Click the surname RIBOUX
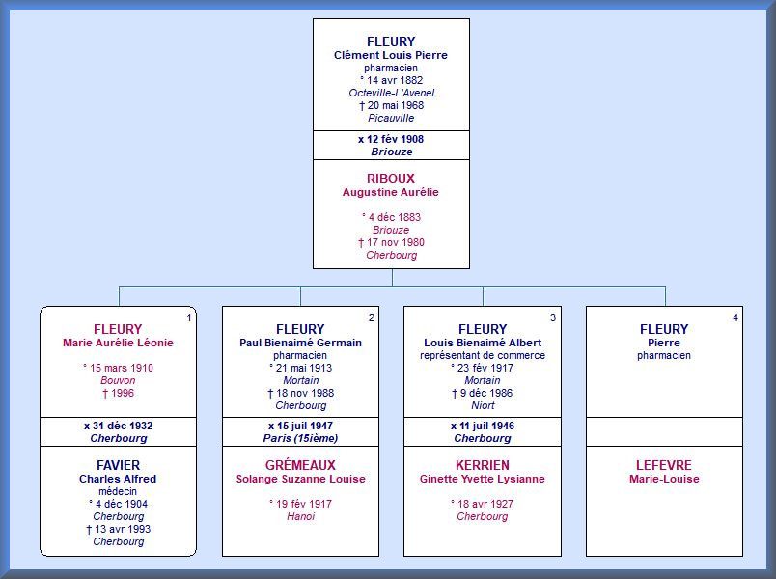(391, 179)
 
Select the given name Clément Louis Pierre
(391, 55)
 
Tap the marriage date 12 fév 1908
(395, 139)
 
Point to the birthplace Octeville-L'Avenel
(391, 93)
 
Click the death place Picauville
(391, 118)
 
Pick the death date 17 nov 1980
(396, 242)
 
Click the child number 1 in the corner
(189, 317)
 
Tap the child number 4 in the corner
(735, 317)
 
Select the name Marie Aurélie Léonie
(118, 343)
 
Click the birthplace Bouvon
(118, 380)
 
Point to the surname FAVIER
(119, 465)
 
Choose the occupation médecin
(118, 491)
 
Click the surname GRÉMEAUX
(300, 465)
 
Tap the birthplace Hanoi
(300, 516)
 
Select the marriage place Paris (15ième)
(300, 438)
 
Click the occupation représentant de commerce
(483, 355)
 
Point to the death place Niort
(483, 405)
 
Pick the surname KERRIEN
(483, 465)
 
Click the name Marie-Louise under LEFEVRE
(664, 479)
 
